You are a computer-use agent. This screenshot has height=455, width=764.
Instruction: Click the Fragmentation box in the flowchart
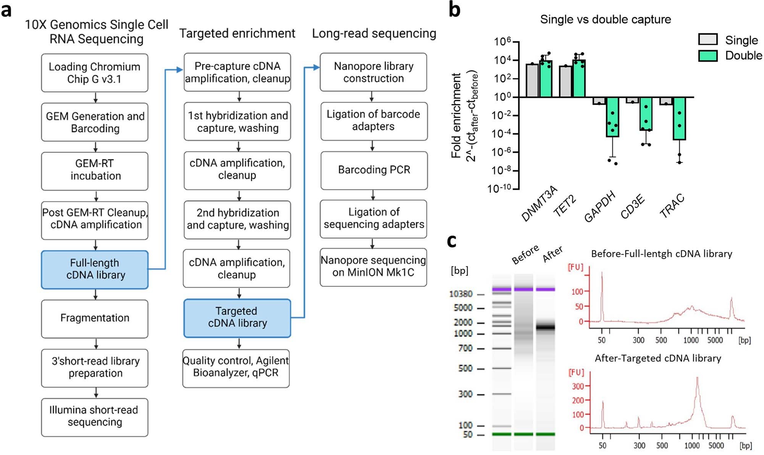[x=95, y=318]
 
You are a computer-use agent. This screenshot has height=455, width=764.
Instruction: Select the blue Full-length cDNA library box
[x=95, y=269]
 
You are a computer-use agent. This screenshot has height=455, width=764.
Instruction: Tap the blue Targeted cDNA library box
[x=237, y=318]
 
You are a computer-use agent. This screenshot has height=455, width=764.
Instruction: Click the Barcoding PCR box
[x=374, y=170]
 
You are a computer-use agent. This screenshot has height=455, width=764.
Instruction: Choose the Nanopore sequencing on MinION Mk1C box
[x=373, y=267]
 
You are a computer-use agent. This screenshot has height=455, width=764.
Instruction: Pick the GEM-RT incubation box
[x=95, y=170]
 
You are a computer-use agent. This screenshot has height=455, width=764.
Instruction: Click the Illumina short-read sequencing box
[x=95, y=417]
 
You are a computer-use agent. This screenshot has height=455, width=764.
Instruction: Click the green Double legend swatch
[x=707, y=56]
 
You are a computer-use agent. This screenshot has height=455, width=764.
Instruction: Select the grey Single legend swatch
[x=707, y=40]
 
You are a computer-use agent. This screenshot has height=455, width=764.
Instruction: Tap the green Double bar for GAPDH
[x=612, y=117]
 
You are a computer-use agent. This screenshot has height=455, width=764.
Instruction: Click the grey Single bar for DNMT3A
[x=532, y=80]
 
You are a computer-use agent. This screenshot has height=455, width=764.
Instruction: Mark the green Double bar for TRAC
[x=679, y=118]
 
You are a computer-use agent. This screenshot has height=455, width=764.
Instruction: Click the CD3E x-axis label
[x=632, y=207]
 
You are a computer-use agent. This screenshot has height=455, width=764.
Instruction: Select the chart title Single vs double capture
[x=605, y=19]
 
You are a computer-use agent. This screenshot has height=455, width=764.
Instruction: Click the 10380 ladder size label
[x=460, y=294]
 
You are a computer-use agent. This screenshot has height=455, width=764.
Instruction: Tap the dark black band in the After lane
[x=545, y=327]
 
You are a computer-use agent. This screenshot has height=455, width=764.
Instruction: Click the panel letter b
[x=454, y=10]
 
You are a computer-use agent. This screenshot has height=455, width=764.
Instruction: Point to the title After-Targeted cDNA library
[x=657, y=359]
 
